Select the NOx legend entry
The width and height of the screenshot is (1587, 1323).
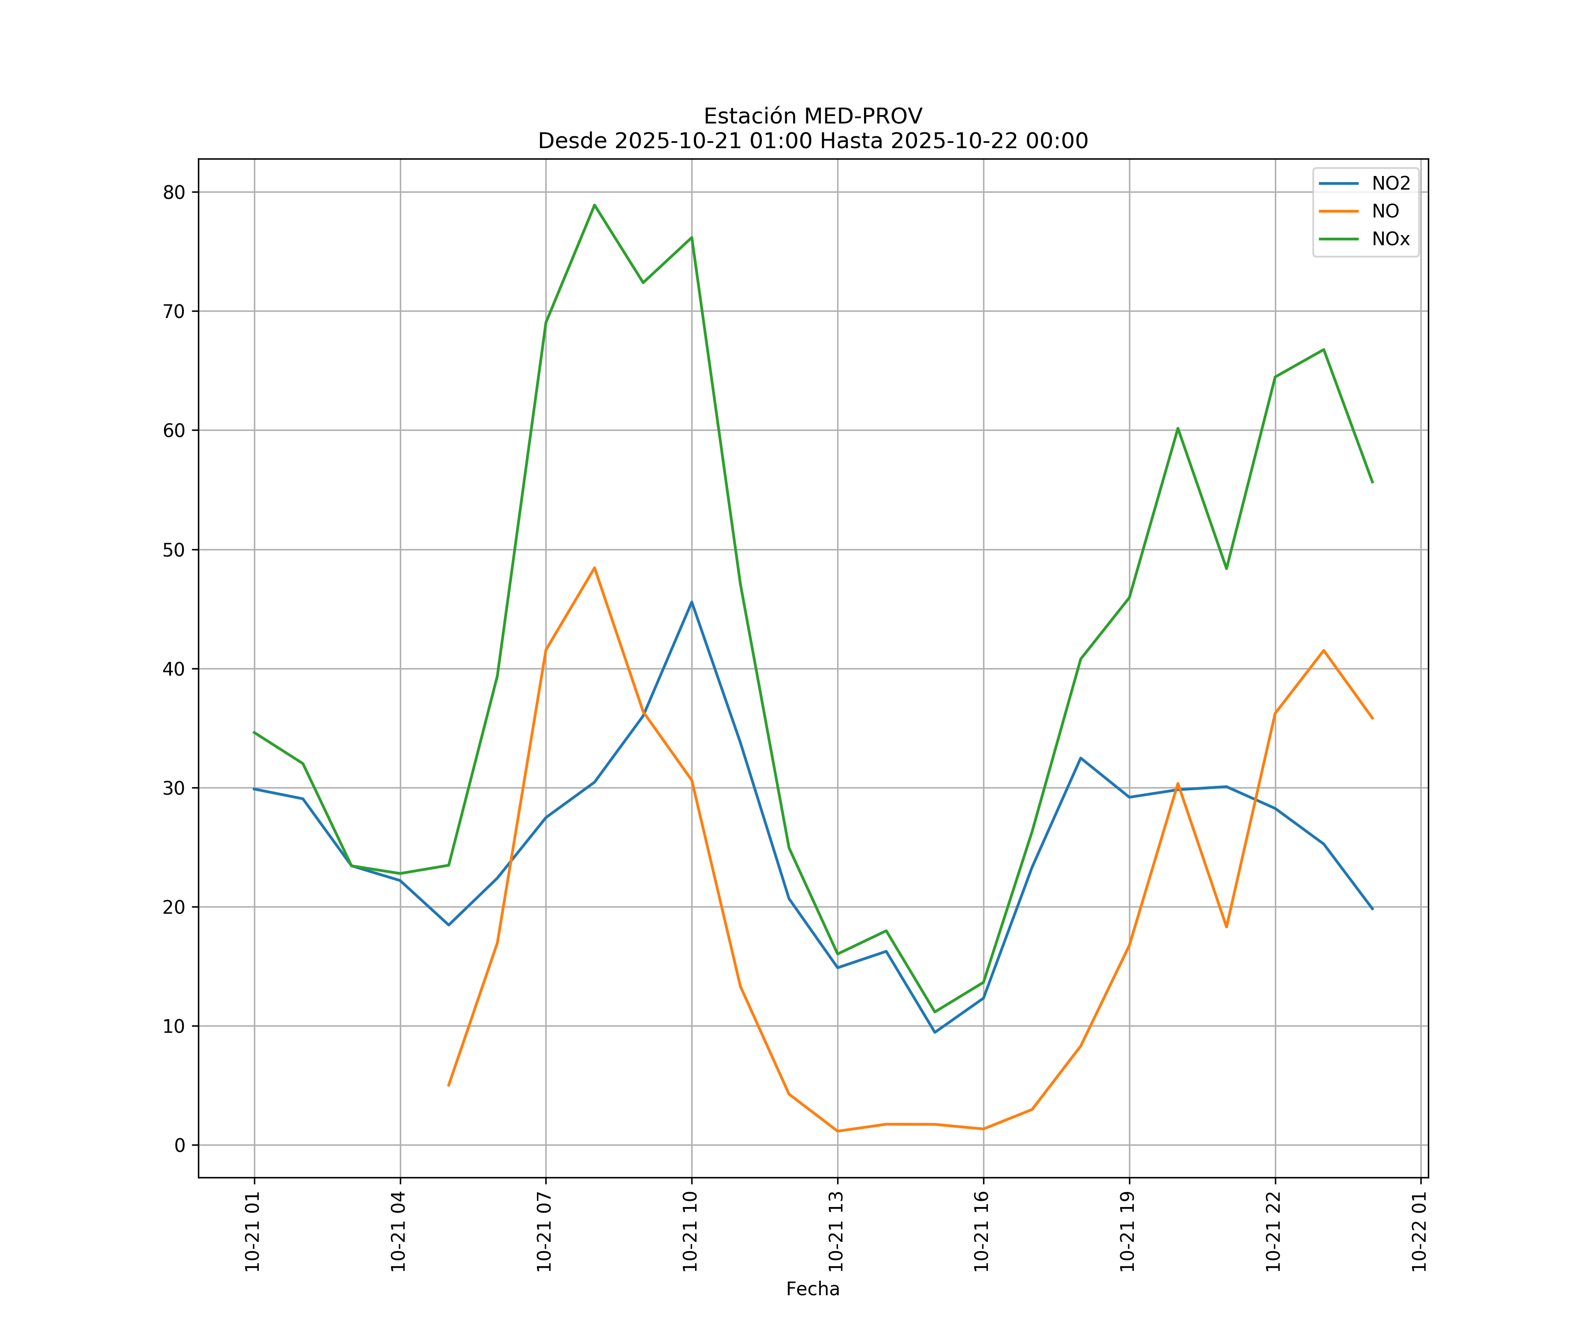point(1390,239)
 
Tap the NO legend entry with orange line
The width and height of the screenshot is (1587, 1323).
point(1385,212)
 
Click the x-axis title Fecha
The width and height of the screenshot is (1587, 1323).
point(812,1289)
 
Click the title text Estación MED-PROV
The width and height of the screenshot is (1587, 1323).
point(812,116)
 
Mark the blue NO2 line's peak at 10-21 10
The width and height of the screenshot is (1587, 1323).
point(692,602)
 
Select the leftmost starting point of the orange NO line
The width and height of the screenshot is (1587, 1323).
point(449,1086)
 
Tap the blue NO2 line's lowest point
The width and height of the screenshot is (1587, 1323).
point(935,1033)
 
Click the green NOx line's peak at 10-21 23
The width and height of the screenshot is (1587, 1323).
point(1323,349)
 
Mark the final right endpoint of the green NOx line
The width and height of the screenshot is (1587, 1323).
point(1372,482)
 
